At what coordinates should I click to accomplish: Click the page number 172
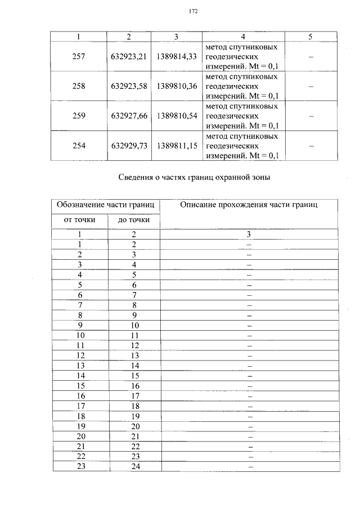coord(192,11)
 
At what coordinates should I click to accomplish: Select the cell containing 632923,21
coord(129,57)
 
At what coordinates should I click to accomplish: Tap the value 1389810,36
coord(177,87)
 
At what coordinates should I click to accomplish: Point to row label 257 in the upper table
coord(79,57)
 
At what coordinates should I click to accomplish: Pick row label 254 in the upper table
coord(79,145)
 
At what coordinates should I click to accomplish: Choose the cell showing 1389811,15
coord(177,145)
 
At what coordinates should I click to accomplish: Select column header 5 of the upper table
coord(310,37)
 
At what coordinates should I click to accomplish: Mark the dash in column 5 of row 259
coord(310,116)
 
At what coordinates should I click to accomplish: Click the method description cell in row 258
coord(242,87)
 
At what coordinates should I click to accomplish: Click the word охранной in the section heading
coord(232,178)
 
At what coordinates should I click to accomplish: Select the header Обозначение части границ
coord(106,205)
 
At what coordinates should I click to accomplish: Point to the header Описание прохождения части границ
coord(249,205)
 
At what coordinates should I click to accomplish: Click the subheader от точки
coord(80,219)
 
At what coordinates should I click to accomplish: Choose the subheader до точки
coord(134,219)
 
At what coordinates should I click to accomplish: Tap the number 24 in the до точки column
coord(134,466)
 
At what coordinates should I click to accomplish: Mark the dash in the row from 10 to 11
coord(249,335)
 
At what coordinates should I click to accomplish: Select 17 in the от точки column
coord(80,406)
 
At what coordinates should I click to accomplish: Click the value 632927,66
coord(129,116)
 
